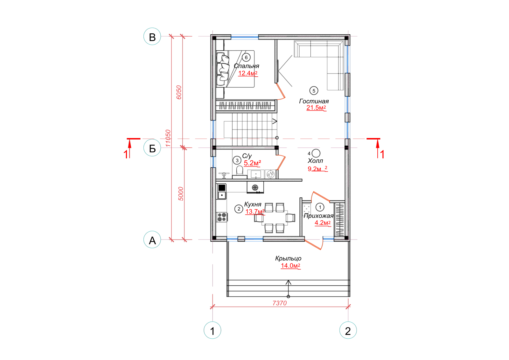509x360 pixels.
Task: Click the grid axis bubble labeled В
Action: [152, 36]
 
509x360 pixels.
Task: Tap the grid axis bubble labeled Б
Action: [152, 148]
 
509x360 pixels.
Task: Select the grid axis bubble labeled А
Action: [152, 239]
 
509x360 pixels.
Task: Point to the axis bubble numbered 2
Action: [348, 330]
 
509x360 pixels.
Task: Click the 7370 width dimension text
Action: [280, 303]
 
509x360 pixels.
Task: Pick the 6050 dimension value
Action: [179, 92]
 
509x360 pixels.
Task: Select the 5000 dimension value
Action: [181, 194]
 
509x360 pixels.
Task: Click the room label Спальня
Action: [247, 66]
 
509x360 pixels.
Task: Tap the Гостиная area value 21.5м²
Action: [316, 108]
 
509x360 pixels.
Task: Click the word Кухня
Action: [253, 204]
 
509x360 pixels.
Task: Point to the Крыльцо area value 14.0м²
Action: [291, 266]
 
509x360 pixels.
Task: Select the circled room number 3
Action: [237, 160]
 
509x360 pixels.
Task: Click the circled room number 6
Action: [246, 58]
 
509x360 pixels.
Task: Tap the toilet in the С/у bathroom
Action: [240, 172]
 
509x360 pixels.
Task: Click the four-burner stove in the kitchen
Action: [222, 217]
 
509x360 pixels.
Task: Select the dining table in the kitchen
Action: [275, 218]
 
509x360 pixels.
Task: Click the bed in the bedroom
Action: [235, 69]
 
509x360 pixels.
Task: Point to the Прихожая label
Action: [318, 216]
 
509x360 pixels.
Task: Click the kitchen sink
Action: [222, 195]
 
